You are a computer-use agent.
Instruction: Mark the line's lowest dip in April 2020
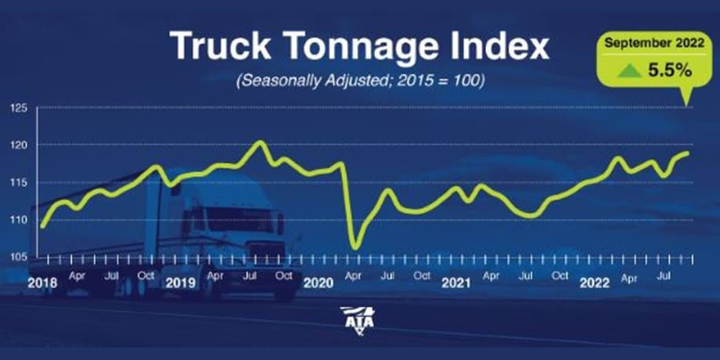[355, 247]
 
